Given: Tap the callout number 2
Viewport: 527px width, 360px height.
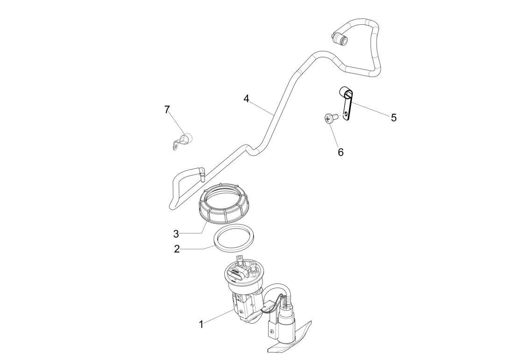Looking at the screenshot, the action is (177, 249).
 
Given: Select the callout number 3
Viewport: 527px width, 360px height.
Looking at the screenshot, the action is (176, 233).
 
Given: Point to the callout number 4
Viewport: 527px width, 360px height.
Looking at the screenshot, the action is (246, 99).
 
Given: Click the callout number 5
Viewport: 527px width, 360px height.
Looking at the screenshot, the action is (394, 118).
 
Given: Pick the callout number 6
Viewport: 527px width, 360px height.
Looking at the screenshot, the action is (341, 152).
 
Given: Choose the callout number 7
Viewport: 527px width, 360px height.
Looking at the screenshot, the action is (167, 109).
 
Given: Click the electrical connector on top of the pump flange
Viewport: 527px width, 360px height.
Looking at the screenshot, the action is (235, 273).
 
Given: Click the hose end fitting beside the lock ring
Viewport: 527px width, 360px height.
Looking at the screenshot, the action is (202, 173).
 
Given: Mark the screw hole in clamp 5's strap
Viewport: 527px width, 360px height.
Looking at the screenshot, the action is (345, 113).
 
